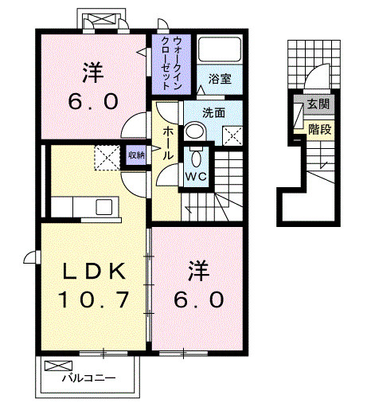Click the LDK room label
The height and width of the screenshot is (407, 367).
coord(93,271)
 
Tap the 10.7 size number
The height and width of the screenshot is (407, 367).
coord(93,299)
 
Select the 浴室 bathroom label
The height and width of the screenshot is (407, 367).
coord(220,79)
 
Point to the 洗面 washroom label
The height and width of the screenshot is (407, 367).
coord(213,113)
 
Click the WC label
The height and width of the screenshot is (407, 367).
coord(196,176)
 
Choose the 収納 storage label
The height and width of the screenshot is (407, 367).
coord(136,155)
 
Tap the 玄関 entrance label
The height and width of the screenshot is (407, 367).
coord(318,104)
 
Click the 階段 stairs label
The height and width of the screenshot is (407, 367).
coord(320,130)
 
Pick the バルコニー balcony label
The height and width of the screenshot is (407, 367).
coord(88,378)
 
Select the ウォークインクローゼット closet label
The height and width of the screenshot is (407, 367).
coord(171,64)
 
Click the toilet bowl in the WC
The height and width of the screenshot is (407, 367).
coord(196,158)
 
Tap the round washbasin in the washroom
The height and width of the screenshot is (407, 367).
coord(195,131)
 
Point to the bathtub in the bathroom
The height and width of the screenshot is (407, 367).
coord(220,49)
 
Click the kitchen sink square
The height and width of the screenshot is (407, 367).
coord(103,207)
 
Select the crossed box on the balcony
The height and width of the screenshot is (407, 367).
coord(58,366)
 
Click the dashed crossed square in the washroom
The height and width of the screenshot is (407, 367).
coord(232,136)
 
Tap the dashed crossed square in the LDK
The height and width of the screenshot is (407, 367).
coord(107,158)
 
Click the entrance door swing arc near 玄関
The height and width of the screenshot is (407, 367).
coord(317,75)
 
